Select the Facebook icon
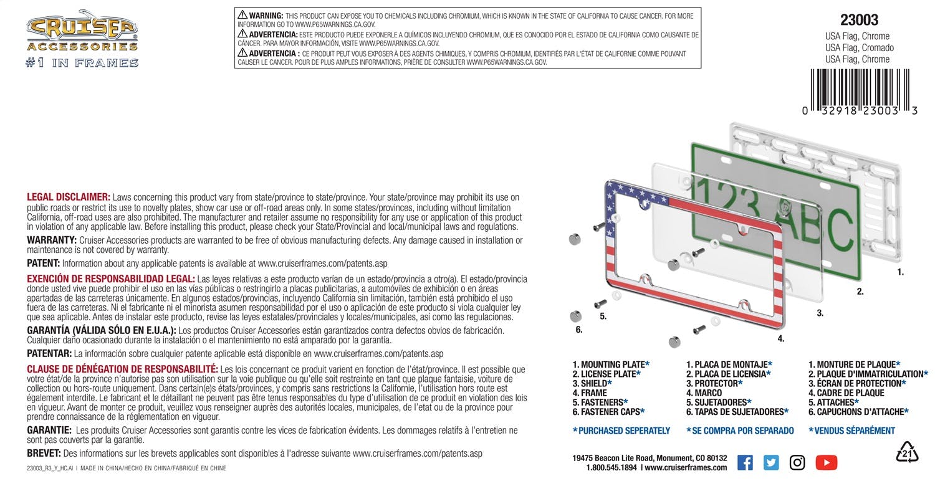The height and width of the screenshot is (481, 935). (745, 462)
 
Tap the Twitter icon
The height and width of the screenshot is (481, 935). (771, 462)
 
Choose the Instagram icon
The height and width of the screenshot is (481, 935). (797, 462)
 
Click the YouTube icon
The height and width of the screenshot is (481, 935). (826, 462)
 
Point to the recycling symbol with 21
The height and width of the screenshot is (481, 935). (907, 453)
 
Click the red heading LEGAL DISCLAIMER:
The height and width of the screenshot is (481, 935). (69, 197)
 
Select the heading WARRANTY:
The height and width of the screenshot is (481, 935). (52, 240)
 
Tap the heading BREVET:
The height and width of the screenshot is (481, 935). (44, 454)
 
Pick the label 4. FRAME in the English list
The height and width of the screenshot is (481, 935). (590, 393)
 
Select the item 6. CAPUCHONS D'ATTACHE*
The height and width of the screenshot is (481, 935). (858, 412)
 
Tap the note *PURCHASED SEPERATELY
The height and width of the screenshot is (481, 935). (621, 431)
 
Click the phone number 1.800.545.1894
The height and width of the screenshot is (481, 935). (611, 467)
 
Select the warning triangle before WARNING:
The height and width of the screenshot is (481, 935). (242, 15)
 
